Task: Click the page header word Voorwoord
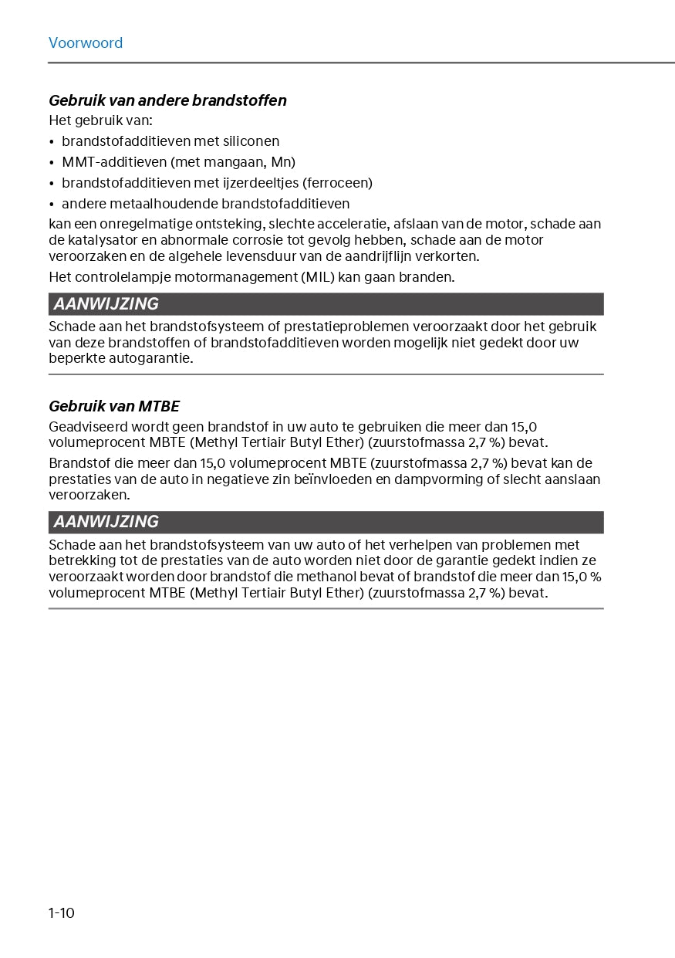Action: coord(86,43)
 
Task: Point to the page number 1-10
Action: coord(62,913)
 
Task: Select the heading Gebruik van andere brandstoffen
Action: coord(167,100)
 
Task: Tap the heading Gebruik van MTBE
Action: coord(114,406)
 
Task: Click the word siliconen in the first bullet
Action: coord(251,141)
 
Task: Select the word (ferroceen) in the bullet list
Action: coord(338,183)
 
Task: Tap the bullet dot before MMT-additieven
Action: coord(52,163)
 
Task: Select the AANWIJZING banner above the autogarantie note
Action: coord(326,304)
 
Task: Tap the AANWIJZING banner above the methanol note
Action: coord(326,522)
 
